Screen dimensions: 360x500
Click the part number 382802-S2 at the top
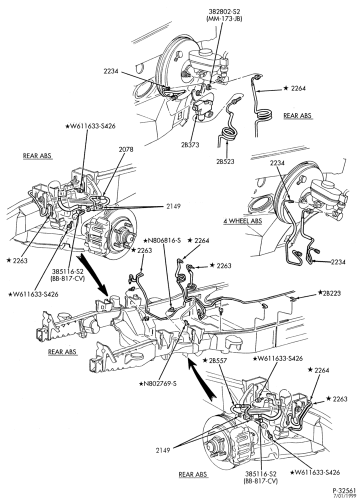point(223,12)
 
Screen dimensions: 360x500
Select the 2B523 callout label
point(225,161)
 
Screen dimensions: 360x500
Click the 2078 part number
point(126,149)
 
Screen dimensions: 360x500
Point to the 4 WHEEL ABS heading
point(242,220)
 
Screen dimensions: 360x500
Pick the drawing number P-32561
point(344,490)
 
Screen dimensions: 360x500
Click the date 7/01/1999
point(345,496)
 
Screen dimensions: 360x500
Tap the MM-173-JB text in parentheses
point(224,19)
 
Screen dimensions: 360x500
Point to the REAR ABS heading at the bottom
point(193,474)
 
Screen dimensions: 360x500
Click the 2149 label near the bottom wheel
point(163,450)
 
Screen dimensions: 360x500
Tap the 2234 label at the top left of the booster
point(110,71)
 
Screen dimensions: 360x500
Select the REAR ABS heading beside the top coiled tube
point(297,115)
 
